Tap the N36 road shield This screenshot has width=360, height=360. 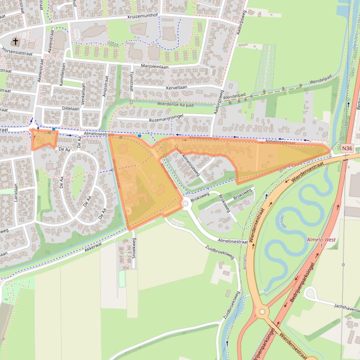pyautogui.click(x=347, y=148)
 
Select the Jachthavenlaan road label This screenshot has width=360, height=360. pyautogui.click(x=346, y=307)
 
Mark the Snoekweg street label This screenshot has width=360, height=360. pyautogui.click(x=134, y=253)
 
